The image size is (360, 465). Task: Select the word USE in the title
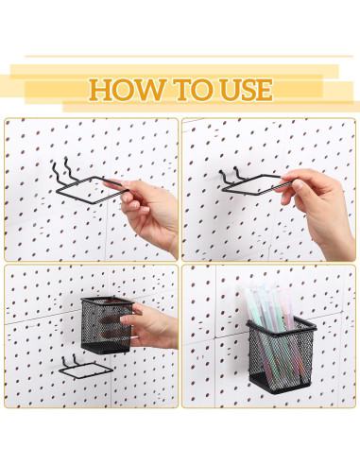(x=240, y=90)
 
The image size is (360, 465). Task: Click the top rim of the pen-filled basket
(x=281, y=323)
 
